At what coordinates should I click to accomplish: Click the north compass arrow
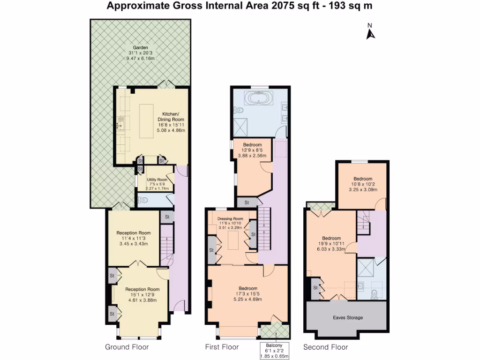(x=370, y=33)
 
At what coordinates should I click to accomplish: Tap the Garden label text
(x=140, y=48)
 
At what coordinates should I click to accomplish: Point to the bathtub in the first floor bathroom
(x=259, y=99)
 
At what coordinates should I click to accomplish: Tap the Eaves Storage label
(x=348, y=318)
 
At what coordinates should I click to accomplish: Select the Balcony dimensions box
(x=275, y=351)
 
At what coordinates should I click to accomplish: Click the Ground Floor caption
(x=127, y=347)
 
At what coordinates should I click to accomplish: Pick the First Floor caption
(x=222, y=347)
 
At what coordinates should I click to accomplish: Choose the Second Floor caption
(x=325, y=347)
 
